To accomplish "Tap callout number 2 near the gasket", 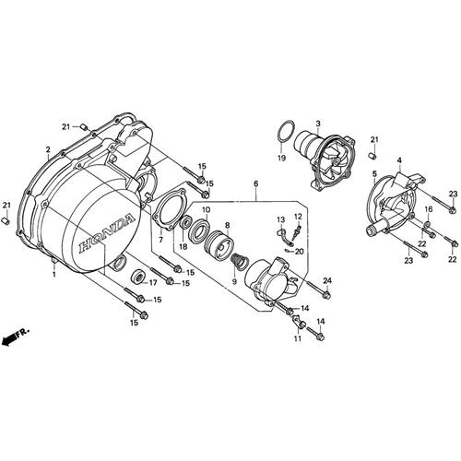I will tap(47, 148).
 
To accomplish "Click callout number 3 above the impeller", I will tap(317, 123).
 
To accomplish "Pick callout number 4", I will tap(399, 161).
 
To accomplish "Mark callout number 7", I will tap(160, 241).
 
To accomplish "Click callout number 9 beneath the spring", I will tap(233, 280).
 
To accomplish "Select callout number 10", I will tap(206, 210).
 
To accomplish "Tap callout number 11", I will tap(298, 339).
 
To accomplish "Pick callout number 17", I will tap(154, 283).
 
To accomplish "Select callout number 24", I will tap(326, 280).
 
